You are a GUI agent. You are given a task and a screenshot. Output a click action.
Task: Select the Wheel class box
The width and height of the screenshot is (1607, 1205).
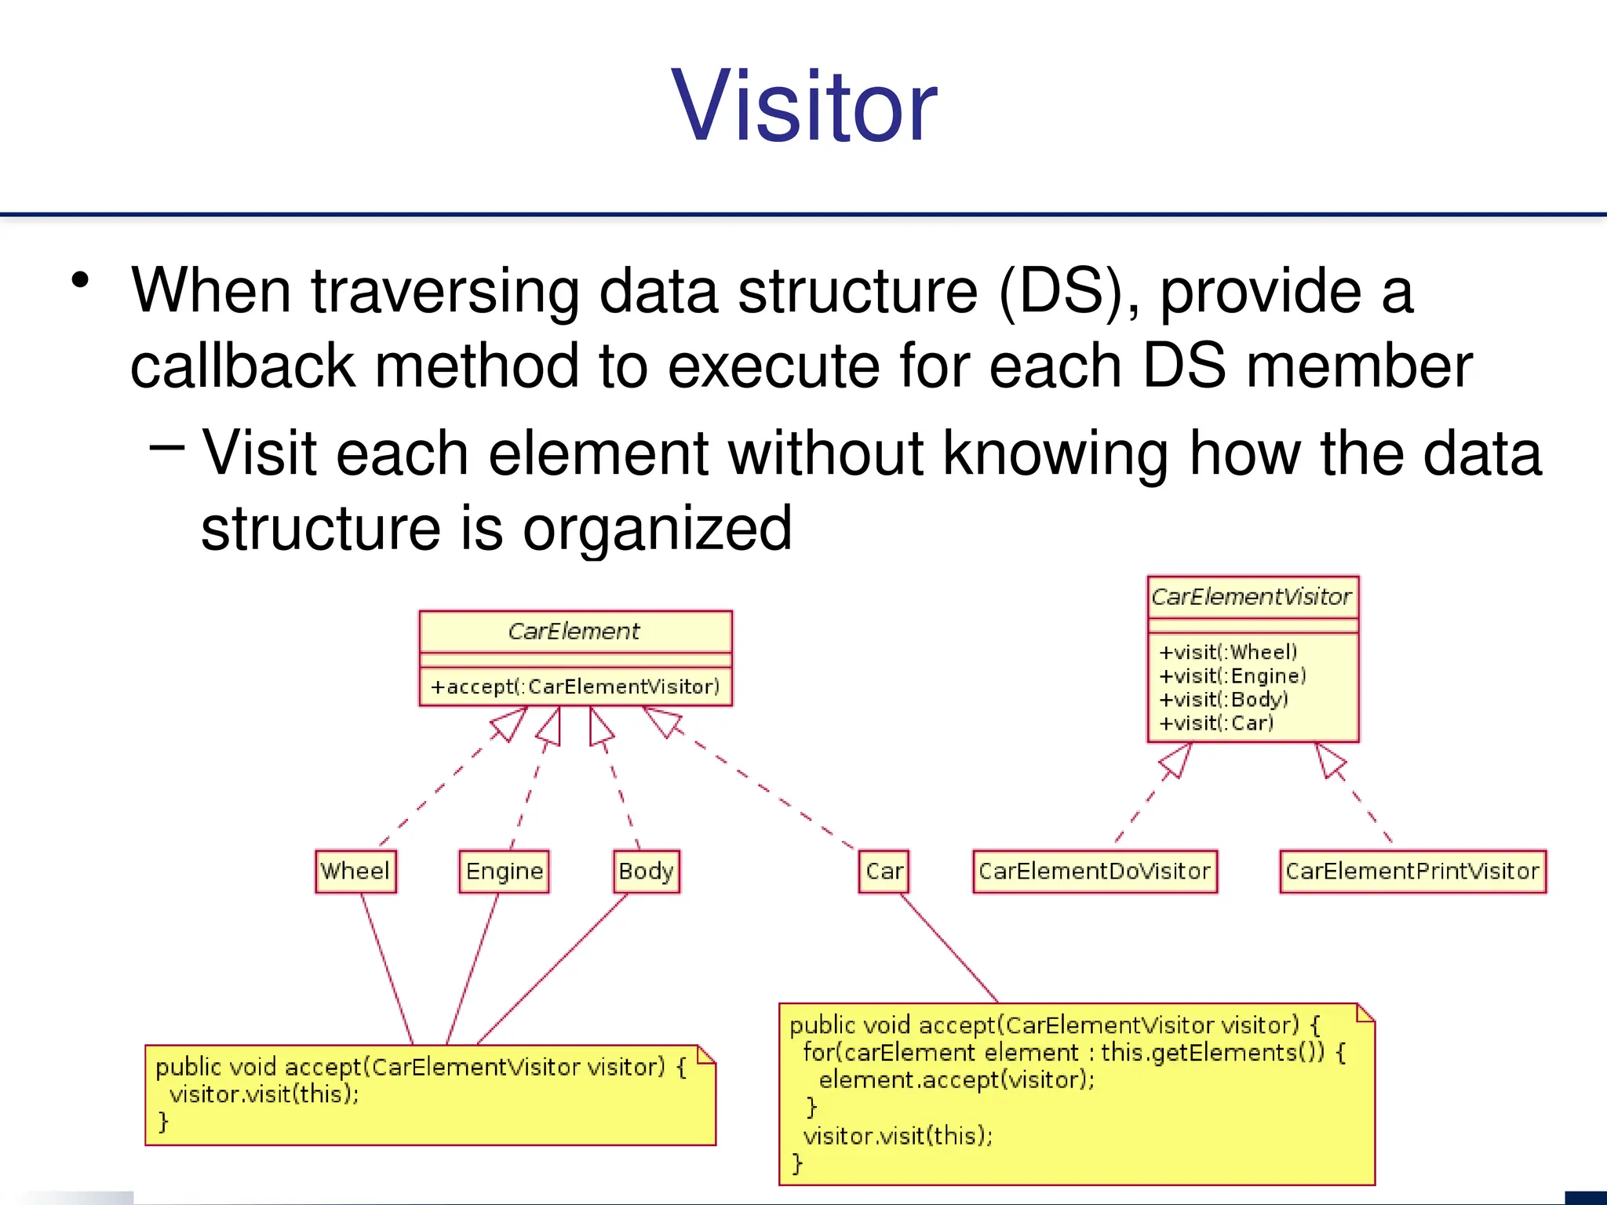coord(355,871)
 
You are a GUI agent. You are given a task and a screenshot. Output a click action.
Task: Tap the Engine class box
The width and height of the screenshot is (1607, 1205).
coord(504,871)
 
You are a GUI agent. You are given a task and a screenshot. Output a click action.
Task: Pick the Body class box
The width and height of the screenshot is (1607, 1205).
coord(646,871)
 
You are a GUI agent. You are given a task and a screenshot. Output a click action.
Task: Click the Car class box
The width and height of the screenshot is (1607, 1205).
coord(884,871)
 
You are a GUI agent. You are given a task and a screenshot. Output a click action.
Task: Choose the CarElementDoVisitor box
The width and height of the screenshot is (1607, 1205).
coord(1095,871)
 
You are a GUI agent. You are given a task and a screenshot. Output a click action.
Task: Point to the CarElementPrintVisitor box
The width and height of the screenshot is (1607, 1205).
coord(1412,871)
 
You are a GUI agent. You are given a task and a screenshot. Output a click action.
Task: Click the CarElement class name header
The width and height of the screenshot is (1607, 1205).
coord(574,631)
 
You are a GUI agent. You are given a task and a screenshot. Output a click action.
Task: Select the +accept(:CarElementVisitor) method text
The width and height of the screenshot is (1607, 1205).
coord(575,686)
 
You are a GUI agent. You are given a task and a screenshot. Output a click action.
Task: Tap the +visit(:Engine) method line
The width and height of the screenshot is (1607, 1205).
coord(1233,675)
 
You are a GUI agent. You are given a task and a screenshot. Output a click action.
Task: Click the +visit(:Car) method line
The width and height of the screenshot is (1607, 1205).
coord(1216,723)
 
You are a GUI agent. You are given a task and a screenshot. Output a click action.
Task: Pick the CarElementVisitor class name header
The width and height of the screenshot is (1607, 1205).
coord(1252,596)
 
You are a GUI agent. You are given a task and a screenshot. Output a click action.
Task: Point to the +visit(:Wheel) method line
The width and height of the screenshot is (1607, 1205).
coord(1228,652)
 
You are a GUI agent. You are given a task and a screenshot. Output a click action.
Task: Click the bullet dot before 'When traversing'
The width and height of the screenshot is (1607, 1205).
coord(80,280)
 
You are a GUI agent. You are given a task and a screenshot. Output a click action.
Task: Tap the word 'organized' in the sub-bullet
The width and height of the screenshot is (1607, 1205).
coord(658,528)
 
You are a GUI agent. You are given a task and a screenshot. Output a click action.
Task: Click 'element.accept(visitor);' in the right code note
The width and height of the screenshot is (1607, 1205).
coord(957,1080)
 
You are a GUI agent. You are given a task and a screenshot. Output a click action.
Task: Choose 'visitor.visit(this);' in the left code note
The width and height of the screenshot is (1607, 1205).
coord(264,1094)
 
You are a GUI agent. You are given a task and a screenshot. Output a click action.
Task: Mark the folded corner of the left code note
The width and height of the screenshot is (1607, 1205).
coord(706,1054)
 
